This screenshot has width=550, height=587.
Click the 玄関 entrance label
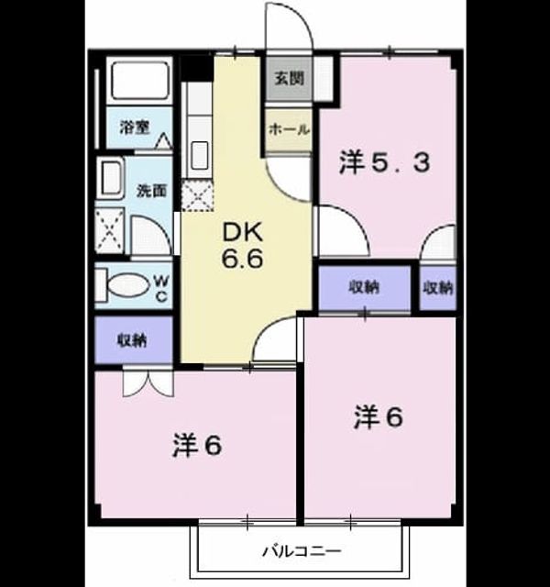[x=289, y=78]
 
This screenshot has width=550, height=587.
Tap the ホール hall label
[x=289, y=129]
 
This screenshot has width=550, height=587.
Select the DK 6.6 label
[x=243, y=245]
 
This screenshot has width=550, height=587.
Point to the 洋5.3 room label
[x=384, y=163]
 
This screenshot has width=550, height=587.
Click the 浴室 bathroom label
[x=135, y=127]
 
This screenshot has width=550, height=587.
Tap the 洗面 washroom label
[x=151, y=191]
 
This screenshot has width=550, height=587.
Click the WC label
[x=161, y=288]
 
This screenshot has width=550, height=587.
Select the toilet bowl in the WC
[x=128, y=285]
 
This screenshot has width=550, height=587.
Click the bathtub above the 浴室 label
[x=140, y=81]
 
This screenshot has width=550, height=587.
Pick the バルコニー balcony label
[x=302, y=551]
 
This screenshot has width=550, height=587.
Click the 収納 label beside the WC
[x=132, y=340]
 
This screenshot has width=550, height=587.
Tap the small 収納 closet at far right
[x=438, y=287]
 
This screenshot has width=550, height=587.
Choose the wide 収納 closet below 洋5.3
[x=365, y=287]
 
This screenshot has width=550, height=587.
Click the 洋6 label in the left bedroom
[x=197, y=446]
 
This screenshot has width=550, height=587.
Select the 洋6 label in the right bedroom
[x=379, y=417]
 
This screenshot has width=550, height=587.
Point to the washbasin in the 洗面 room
[x=111, y=178]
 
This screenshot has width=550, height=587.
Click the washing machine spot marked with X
[x=109, y=230]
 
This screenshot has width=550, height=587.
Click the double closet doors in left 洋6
[x=148, y=383]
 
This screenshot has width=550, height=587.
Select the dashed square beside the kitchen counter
[x=197, y=195]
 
